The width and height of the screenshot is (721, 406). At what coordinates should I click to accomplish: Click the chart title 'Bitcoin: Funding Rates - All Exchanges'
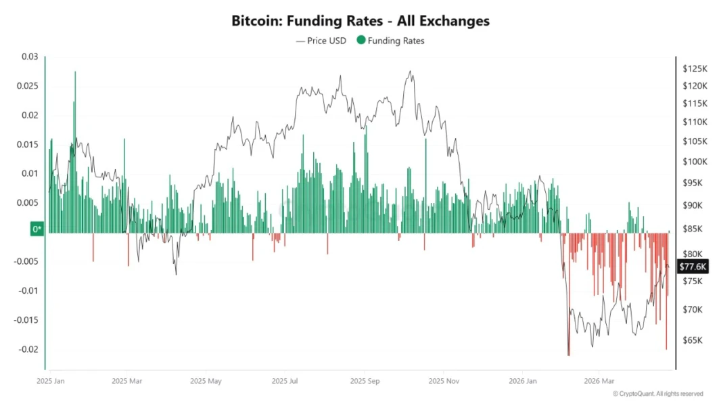pyautogui.click(x=360, y=21)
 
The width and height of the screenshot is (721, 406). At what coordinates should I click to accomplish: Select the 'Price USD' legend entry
pyautogui.click(x=321, y=41)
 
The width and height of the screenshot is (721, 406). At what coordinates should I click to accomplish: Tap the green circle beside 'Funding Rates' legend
pyautogui.click(x=361, y=41)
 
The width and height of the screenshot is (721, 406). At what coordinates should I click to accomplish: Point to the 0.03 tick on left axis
pyautogui.click(x=30, y=57)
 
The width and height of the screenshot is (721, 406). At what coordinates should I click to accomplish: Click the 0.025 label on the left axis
pyautogui.click(x=28, y=86)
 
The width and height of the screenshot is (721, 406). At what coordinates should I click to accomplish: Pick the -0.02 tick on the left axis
pyautogui.click(x=28, y=349)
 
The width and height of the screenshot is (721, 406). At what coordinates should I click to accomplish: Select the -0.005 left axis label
pyautogui.click(x=26, y=261)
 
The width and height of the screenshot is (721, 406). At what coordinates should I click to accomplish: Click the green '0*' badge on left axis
pyautogui.click(x=37, y=229)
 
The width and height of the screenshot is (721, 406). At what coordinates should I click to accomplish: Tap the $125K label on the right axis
pyautogui.click(x=695, y=69)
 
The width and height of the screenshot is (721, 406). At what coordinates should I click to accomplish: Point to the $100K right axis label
pyautogui.click(x=695, y=162)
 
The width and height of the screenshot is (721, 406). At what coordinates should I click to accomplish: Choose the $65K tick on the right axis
pyautogui.click(x=693, y=340)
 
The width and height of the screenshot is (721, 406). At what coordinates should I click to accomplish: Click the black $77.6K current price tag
pyautogui.click(x=693, y=267)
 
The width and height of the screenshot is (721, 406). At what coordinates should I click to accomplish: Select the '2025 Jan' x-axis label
pyautogui.click(x=51, y=381)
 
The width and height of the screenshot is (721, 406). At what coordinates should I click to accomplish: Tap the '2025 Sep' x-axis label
pyautogui.click(x=363, y=381)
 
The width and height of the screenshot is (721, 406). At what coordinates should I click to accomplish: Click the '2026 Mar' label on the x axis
pyautogui.click(x=599, y=381)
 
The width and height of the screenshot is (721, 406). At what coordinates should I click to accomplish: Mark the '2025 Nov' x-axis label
pyautogui.click(x=443, y=381)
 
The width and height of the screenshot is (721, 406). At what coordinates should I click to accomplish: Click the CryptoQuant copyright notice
pyautogui.click(x=657, y=394)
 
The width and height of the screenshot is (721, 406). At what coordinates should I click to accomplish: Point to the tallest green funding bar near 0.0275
pyautogui.click(x=75, y=73)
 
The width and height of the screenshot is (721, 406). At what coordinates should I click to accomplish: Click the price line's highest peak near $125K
pyautogui.click(x=409, y=71)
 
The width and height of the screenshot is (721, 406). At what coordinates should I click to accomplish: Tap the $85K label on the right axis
pyautogui.click(x=693, y=229)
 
